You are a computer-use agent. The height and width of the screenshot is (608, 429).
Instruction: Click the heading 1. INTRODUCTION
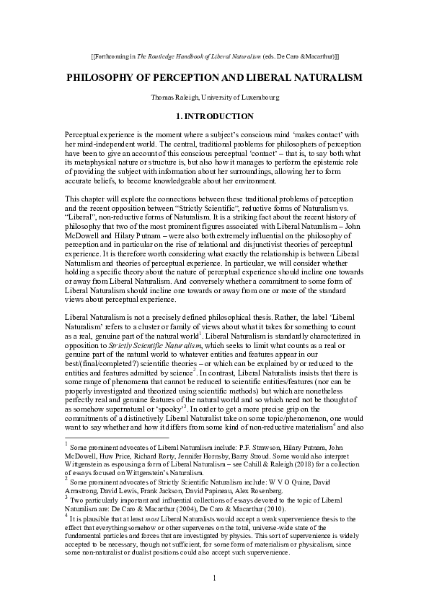[x=214, y=116]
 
